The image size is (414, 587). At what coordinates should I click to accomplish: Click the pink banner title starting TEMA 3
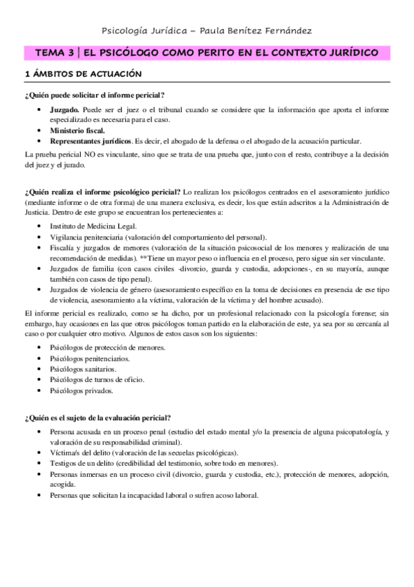pos(207,53)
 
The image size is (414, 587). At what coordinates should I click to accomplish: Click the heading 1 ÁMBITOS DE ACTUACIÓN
pos(83,73)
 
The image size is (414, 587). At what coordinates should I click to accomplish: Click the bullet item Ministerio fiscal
pos(77,130)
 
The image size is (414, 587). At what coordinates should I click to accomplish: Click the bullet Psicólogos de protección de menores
pos(108,347)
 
